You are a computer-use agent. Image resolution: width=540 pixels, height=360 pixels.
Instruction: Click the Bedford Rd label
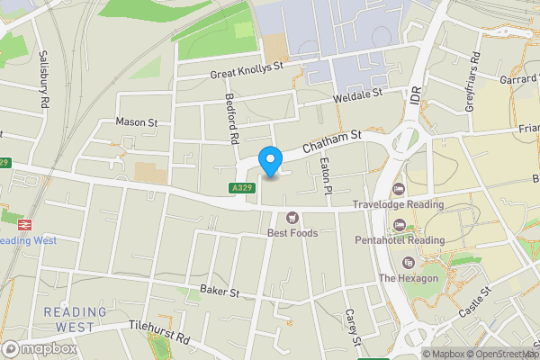coord(230,119)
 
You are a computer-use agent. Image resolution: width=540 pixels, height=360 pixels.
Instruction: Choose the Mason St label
coord(137,121)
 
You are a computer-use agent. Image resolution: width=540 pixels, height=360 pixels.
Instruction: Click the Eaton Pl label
coord(328,173)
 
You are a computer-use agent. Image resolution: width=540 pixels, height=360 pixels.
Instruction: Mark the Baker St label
coord(220,291)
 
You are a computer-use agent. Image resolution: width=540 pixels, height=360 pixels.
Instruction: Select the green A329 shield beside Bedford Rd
coord(240,188)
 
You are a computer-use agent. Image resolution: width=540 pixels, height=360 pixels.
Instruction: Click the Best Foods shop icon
coord(292,217)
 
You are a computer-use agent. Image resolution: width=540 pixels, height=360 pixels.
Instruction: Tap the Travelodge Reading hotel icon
coord(399,188)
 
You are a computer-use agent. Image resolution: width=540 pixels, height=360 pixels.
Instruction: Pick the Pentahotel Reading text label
coord(410,240)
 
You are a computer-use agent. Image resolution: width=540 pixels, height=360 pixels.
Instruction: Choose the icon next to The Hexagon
coord(409,263)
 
